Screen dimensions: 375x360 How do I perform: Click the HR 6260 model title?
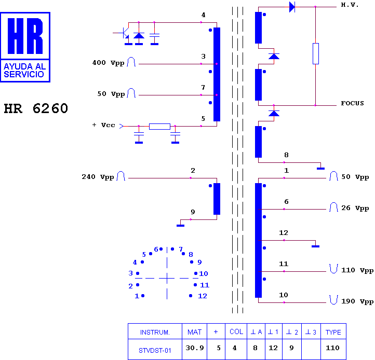36,108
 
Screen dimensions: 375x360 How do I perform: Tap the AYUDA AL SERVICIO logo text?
24,70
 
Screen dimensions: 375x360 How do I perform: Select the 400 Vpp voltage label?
109,63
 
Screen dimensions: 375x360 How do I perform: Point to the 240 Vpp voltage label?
98,177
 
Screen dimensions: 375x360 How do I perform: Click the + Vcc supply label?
103,125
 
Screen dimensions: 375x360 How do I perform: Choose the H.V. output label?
350,5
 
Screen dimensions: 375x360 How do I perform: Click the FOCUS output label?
352,103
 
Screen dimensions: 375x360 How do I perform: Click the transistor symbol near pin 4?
125,33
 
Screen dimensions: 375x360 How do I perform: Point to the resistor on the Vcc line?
159,127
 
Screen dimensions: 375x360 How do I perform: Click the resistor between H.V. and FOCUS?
316,53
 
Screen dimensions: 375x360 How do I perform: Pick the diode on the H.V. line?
292,7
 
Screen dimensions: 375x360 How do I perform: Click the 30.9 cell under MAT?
195,348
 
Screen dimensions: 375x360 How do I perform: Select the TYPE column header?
333,332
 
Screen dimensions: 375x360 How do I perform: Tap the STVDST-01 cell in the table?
155,351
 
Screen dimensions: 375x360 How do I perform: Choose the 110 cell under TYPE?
332,348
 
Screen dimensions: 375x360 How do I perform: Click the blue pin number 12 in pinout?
203,296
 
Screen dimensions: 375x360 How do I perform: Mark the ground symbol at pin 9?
181,226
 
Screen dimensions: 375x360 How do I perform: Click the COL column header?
236,332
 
